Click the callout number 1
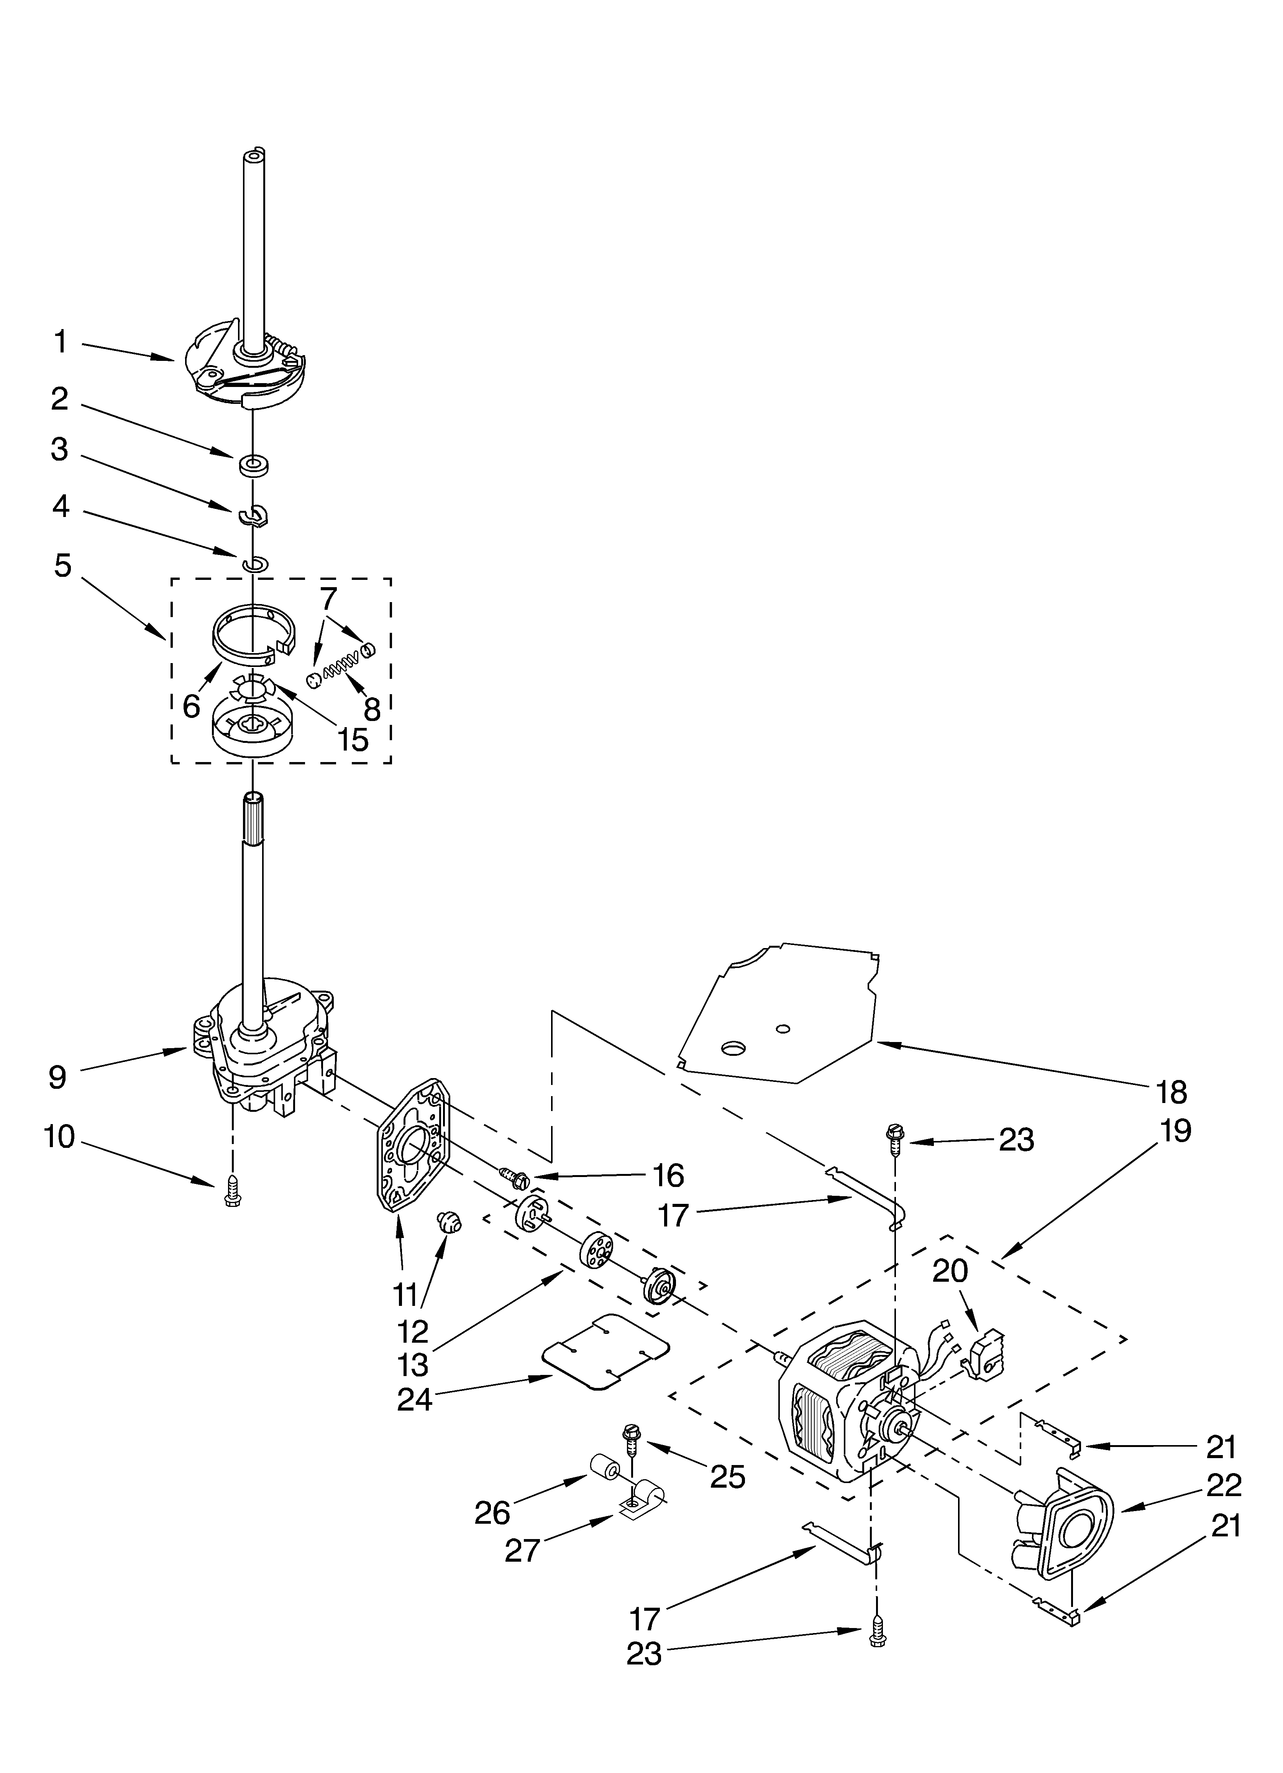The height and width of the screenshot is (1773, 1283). pos(60,342)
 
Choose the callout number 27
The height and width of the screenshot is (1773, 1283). pos(523,1552)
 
